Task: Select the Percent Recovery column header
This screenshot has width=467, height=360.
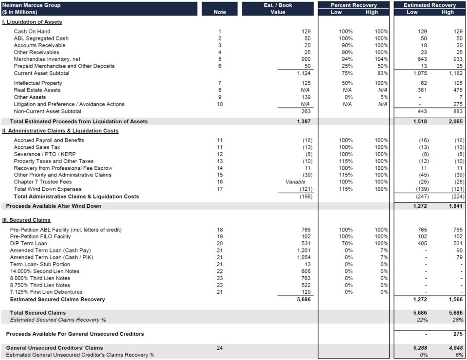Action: coord(353,5)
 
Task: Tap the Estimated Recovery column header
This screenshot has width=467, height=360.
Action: coord(430,5)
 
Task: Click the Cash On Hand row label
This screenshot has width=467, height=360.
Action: coord(32,32)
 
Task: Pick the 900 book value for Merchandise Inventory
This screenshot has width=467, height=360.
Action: coord(305,59)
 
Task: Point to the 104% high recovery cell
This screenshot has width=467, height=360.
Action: coord(381,59)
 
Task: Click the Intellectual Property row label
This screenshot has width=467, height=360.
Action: coord(38,83)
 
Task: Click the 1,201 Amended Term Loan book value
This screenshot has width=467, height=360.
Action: coord(304,251)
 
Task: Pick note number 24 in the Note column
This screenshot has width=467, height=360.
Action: coord(220,348)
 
